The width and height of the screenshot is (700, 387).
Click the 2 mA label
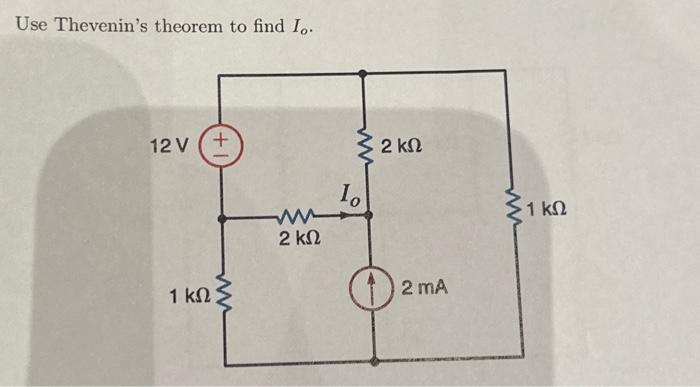pyautogui.click(x=424, y=289)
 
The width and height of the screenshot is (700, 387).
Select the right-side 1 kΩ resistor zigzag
pyautogui.click(x=520, y=210)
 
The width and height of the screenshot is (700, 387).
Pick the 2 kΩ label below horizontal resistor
pyautogui.click(x=298, y=240)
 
